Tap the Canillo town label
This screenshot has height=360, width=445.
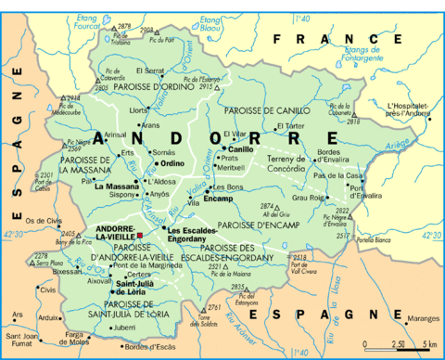coord(240,148)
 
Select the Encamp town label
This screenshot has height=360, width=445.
coord(218,199)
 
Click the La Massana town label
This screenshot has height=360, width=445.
coord(116,186)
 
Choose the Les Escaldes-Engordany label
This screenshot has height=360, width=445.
coord(192,234)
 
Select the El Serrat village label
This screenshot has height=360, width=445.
coord(150,71)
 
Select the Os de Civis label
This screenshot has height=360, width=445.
coord(42,220)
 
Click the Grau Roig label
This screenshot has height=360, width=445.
coord(307,197)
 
